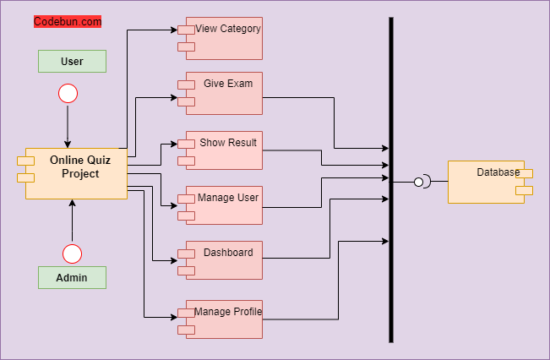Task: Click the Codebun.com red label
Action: point(68,22)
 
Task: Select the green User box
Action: point(72,61)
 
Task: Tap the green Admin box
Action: point(72,277)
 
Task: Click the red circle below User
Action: point(68,93)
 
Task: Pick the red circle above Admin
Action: point(73,254)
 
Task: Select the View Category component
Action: point(224,38)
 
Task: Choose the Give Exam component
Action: point(224,93)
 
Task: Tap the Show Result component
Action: point(224,151)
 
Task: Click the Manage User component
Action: point(224,205)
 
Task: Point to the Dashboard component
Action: point(224,260)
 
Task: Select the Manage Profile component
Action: point(224,319)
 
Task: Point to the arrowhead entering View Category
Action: point(172,30)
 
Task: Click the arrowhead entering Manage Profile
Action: point(172,317)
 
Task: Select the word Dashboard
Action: point(228,253)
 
